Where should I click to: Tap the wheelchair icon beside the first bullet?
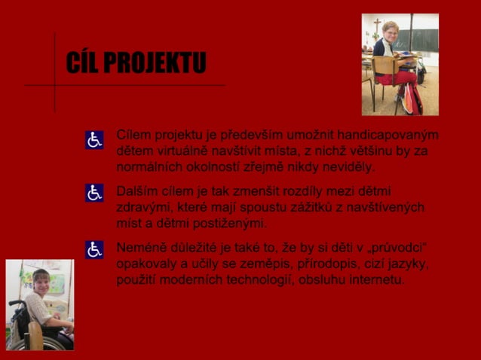94,140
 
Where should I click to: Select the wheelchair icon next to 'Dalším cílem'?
94,194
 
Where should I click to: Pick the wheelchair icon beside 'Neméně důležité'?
94,250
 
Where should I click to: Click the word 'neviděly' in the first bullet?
351,166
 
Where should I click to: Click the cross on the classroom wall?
376,28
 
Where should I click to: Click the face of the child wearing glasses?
391,35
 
